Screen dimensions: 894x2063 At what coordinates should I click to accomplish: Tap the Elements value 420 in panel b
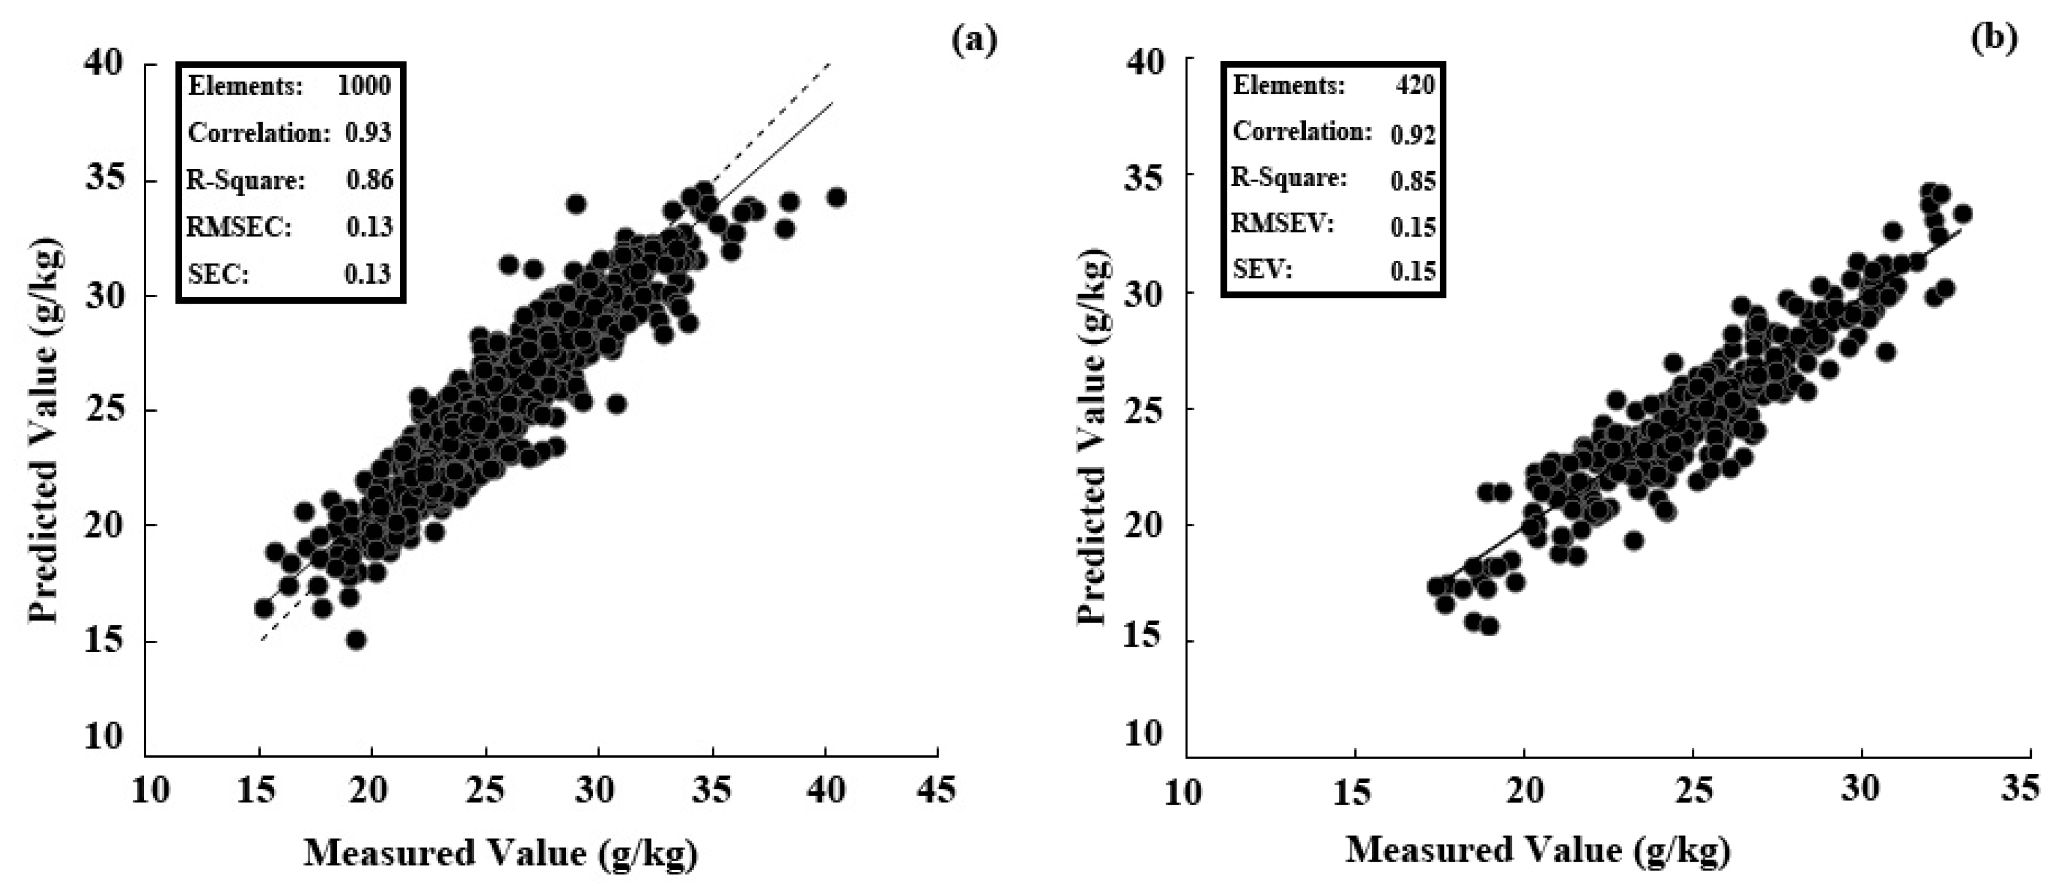click(x=1414, y=85)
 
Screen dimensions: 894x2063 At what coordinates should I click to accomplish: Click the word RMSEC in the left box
click(x=238, y=227)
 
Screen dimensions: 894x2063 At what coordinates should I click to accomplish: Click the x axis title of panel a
click(x=500, y=853)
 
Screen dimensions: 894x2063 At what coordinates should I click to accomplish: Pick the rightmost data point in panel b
click(x=1962, y=214)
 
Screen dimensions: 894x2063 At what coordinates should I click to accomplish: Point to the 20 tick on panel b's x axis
click(x=1524, y=789)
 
